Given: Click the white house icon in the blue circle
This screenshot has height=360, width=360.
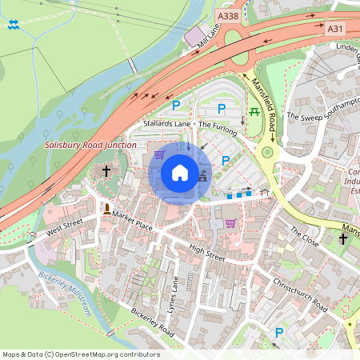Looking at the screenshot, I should pos(180,173).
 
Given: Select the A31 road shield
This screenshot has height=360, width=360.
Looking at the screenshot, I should pos(336,29).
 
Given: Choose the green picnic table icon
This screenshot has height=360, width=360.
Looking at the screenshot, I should pos(255,111).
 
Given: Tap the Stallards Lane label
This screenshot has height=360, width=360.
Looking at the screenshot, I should pos(167,125).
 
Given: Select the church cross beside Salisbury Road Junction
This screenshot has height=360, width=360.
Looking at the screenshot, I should pos(106,172).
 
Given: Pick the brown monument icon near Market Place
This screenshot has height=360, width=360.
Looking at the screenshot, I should pos(106,209).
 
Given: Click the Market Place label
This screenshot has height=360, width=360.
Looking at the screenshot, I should pos(133,216).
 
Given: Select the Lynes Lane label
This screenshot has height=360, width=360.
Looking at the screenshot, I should pos(175,295).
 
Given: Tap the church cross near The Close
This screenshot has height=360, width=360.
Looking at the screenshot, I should pos(343,238).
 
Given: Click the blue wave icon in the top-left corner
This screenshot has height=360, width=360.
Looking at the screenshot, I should pos(14,26).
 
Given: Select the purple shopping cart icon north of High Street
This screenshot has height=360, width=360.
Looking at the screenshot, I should pos(231,223).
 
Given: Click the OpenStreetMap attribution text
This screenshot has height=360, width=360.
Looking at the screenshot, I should pos(80,354).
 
